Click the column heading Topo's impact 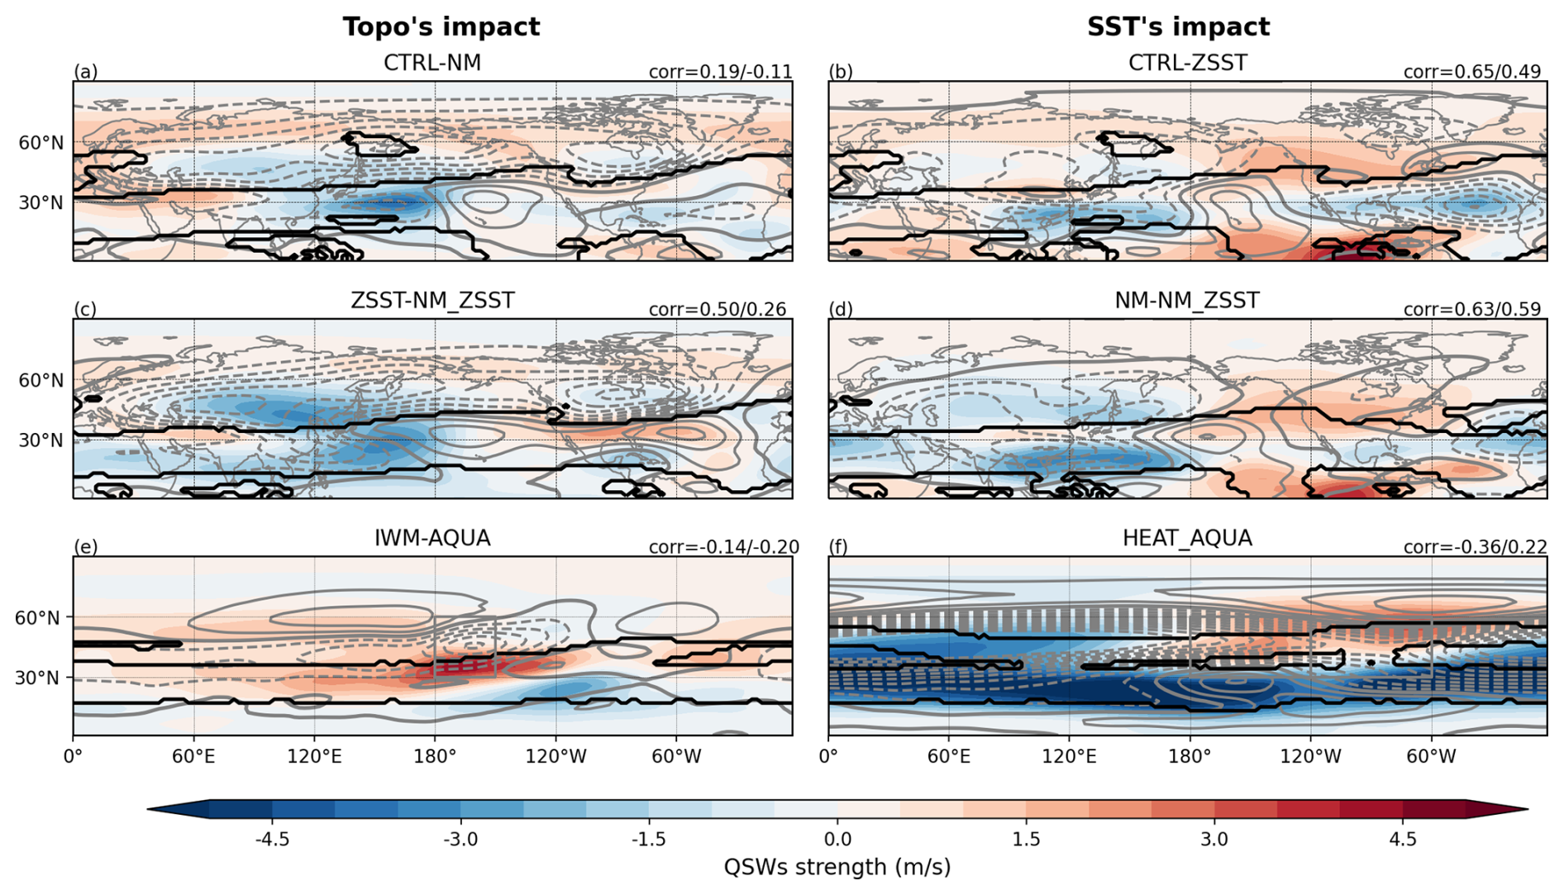(441, 27)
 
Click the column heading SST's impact (1178, 27)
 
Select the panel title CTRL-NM (432, 64)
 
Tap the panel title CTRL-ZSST (1187, 64)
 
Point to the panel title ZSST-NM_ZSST (432, 301)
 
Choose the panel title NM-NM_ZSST (1187, 301)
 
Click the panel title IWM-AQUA (432, 539)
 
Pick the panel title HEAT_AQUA (1187, 539)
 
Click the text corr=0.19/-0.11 (720, 72)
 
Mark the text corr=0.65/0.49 (1472, 72)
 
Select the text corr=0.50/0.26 (717, 310)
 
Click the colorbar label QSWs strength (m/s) (837, 868)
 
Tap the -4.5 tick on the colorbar (272, 840)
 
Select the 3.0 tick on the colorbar (1214, 840)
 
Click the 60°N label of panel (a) (41, 143)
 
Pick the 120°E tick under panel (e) (314, 756)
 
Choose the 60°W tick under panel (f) (1431, 756)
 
